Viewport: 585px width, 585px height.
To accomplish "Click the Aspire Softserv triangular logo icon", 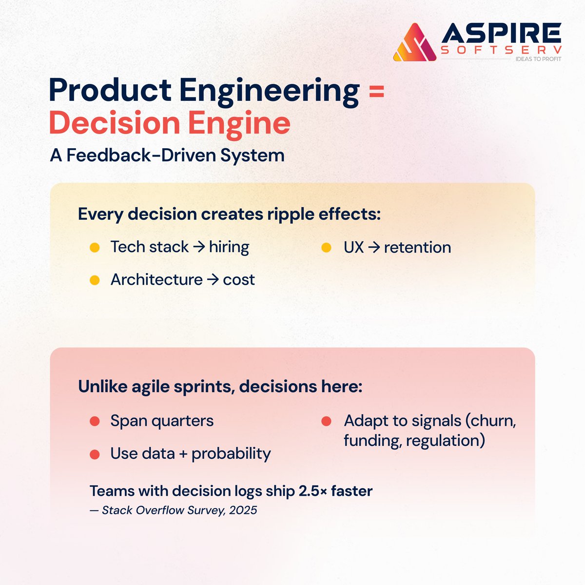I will [414, 43].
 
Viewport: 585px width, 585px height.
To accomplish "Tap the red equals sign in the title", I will [376, 91].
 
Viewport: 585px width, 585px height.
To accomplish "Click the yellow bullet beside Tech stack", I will [95, 248].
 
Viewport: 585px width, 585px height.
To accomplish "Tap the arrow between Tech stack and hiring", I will [198, 247].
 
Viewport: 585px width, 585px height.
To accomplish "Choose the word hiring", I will [229, 247].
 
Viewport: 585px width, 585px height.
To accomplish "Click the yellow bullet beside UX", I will [326, 248].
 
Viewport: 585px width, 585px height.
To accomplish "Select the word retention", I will [417, 248].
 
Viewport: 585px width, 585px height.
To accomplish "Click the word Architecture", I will [156, 280].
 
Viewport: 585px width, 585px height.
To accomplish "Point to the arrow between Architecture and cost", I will [213, 280].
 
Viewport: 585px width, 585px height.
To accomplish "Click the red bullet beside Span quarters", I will [95, 421].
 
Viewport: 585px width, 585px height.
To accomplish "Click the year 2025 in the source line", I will [243, 510].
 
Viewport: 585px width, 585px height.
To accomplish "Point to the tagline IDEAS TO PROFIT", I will [538, 59].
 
